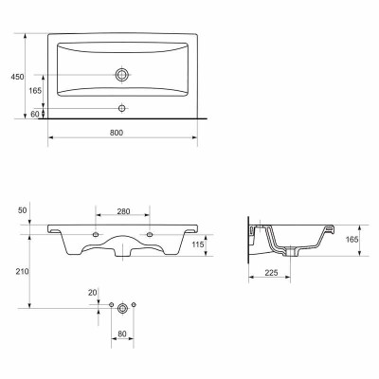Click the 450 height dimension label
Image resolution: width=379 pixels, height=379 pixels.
(17, 77)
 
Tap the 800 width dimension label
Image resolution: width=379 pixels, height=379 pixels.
(117, 133)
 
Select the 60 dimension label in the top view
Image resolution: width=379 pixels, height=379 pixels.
(35, 114)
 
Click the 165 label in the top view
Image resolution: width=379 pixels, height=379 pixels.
(35, 91)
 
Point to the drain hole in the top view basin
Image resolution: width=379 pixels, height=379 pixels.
(121, 75)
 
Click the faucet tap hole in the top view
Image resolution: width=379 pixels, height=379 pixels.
(122, 108)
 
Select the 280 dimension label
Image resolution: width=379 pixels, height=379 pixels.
(123, 211)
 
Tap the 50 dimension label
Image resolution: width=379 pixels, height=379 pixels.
(23, 210)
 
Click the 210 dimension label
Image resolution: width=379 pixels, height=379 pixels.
(23, 271)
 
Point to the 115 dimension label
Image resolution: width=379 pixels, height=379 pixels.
(197, 245)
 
